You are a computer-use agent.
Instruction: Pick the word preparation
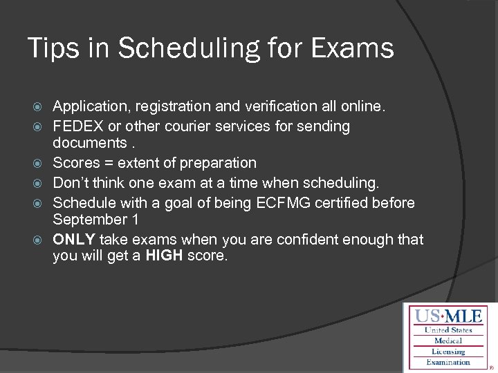(218, 163)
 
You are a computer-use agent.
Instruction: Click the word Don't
(72, 183)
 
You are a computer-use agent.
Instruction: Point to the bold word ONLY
(75, 240)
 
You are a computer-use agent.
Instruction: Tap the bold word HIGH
(165, 256)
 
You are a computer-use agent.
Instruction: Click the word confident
(307, 240)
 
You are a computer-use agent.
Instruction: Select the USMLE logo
(449, 338)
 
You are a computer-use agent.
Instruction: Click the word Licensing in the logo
(449, 352)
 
